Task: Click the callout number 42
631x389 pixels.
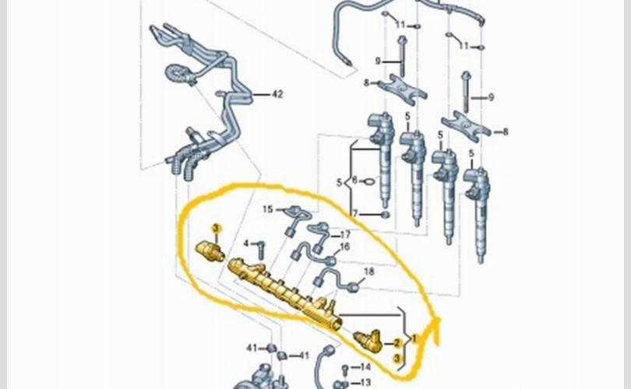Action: coord(277,94)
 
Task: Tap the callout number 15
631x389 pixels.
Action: coord(268,209)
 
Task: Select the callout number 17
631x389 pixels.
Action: coord(345,235)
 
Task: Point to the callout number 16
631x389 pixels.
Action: coord(344,247)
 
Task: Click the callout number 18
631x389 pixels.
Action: coord(369,272)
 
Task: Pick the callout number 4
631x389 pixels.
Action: coord(246,244)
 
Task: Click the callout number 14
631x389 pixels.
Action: coord(365,367)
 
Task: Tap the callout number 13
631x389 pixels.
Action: coord(365,382)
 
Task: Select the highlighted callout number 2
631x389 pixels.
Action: coord(397,343)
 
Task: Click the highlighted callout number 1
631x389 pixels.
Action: coord(414,338)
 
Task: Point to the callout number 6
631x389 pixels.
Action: coord(354,180)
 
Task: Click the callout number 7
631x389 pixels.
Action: coord(354,214)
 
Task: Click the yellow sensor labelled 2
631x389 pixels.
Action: coord(367,342)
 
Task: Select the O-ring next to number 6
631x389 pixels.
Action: coord(369,182)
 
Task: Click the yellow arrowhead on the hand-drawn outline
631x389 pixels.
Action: coord(436,326)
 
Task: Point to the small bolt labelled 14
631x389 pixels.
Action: coord(345,369)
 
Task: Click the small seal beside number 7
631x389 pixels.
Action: coord(385,215)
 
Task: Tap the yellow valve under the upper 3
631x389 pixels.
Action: coord(210,251)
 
